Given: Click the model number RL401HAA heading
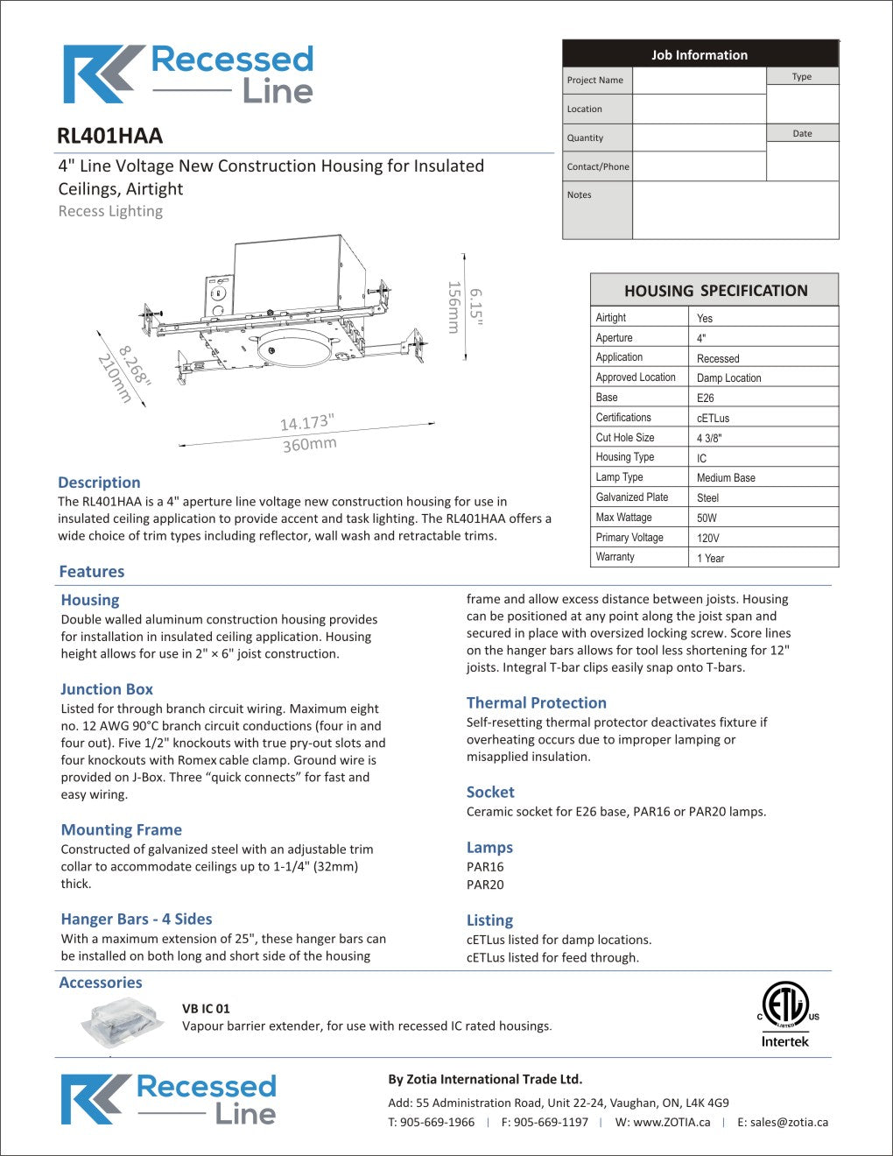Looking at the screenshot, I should click(x=109, y=136).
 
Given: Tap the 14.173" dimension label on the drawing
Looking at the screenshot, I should click(x=306, y=423).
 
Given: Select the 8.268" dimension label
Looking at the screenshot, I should click(x=135, y=365).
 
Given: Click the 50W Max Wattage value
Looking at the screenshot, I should click(x=707, y=518).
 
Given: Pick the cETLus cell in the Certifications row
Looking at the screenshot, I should click(x=713, y=418).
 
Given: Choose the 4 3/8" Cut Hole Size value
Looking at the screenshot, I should click(x=709, y=438).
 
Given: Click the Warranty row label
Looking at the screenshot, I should click(x=615, y=557).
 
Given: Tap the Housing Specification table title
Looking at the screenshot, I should click(x=715, y=291).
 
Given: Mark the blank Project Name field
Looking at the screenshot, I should click(x=699, y=81).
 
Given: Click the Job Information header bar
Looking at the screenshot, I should click(x=700, y=54).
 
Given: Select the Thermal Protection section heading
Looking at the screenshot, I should click(x=536, y=702).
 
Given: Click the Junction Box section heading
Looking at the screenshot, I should click(x=107, y=689).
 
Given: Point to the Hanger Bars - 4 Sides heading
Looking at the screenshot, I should click(x=137, y=919).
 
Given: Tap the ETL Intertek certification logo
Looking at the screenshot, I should click(x=786, y=1014).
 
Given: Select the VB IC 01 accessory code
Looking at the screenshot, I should click(x=206, y=1008).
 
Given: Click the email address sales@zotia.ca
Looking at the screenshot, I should click(x=782, y=1122).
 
